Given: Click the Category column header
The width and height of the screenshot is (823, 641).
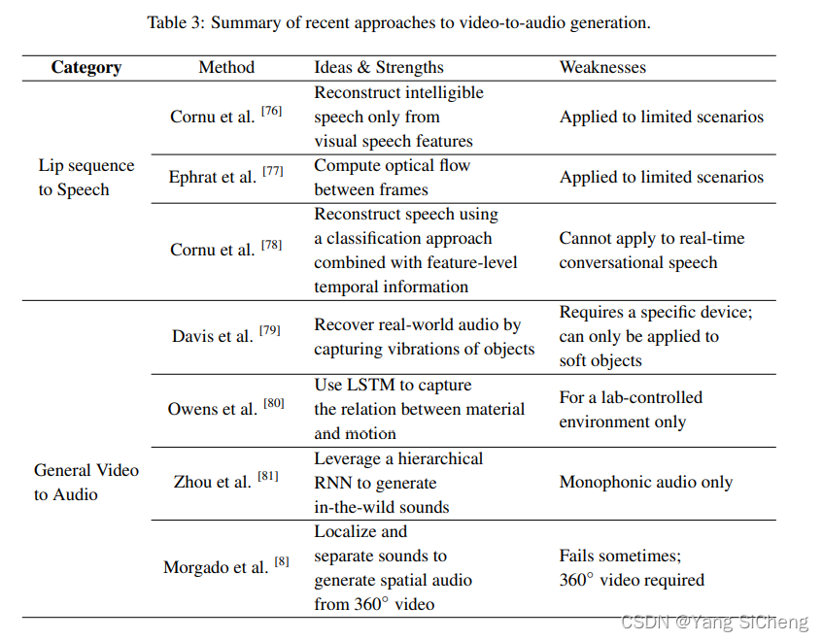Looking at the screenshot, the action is [x=86, y=67].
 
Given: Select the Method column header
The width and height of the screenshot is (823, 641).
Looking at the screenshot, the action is [x=226, y=67].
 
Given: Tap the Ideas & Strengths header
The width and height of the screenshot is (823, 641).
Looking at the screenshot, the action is [x=379, y=67].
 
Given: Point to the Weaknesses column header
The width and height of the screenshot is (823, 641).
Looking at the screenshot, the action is [x=602, y=67].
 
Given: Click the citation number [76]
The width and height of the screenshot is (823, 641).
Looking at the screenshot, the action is [x=271, y=111].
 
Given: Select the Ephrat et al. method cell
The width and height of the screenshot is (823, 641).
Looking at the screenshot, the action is [x=212, y=178].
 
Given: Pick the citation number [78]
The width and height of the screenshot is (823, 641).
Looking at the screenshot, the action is [x=271, y=245].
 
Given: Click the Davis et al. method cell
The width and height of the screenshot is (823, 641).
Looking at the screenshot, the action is [x=213, y=336].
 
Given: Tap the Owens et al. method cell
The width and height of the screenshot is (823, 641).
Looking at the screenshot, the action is [x=213, y=409].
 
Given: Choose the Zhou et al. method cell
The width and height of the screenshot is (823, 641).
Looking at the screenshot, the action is [x=213, y=482].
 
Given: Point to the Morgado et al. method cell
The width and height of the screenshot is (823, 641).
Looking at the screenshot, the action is [x=216, y=567].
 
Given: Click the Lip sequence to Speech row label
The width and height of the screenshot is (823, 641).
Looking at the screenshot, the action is [x=86, y=178].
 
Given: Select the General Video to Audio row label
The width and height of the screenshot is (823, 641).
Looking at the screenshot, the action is [x=86, y=482].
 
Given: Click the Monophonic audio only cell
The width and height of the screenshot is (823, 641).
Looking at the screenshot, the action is [x=646, y=482].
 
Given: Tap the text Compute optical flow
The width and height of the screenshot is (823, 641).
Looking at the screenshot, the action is [x=392, y=165].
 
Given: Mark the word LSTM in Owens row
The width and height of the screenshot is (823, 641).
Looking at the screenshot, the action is [x=365, y=385].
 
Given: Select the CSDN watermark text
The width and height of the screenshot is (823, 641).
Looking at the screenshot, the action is [x=713, y=623].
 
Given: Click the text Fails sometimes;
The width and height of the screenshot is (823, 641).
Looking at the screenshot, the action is [x=620, y=556].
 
